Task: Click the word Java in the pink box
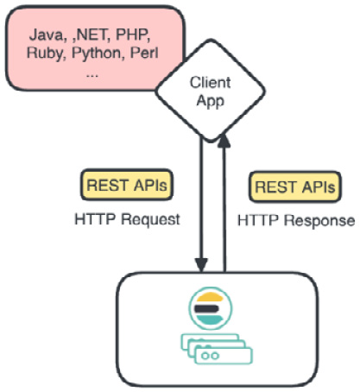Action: pos(46,35)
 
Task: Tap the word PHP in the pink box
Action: pos(132,35)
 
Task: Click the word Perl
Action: pos(144,53)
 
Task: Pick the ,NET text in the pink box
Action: pos(91,35)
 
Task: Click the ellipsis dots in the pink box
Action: pos(92,76)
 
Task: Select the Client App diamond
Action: pos(210,91)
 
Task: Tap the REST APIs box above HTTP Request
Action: pos(127,185)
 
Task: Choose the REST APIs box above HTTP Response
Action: pos(295,187)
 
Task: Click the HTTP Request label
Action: pos(127,219)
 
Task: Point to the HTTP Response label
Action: pos(296,221)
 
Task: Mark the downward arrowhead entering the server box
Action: pos(201,265)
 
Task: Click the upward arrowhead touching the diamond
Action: pos(224,142)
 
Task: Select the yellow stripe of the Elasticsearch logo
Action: pos(209,297)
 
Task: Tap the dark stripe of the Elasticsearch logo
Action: pos(207,309)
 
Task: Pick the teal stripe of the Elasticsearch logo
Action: pos(209,319)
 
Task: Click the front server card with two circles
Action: pos(224,356)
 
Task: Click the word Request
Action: pos(150,219)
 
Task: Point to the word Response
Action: pos(319,221)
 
